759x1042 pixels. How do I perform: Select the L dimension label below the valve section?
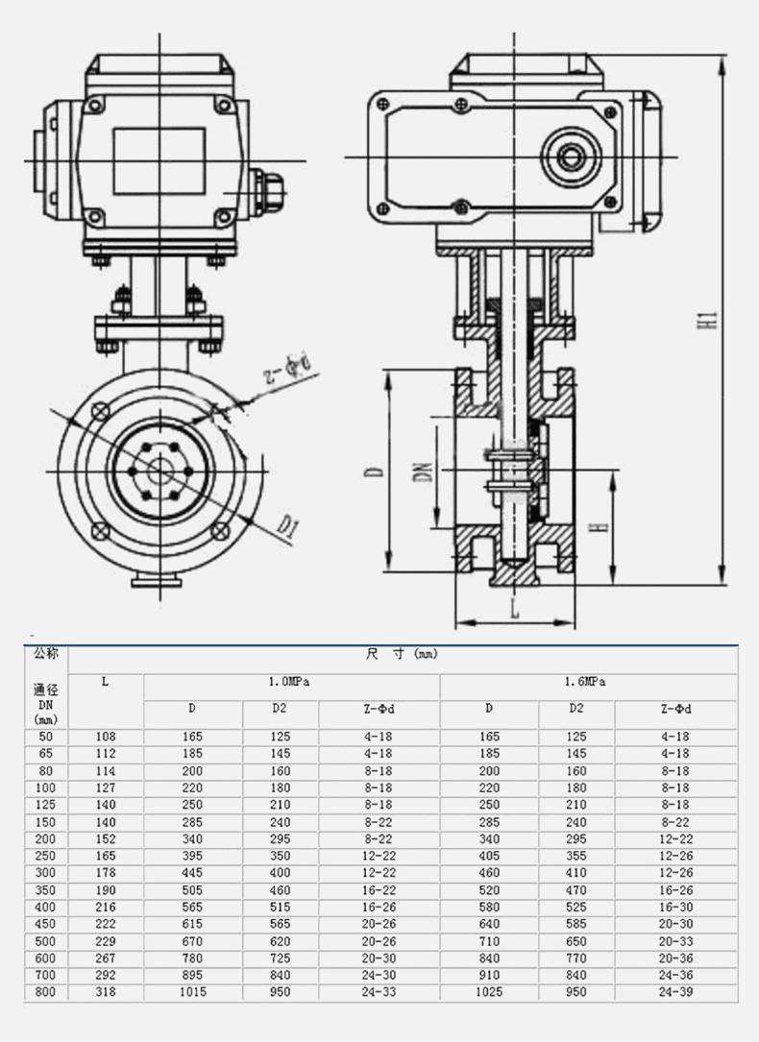515,608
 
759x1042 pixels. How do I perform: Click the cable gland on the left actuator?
264,191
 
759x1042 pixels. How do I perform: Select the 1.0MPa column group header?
291,681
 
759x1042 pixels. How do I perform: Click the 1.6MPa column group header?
588,681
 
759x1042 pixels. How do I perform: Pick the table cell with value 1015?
192,992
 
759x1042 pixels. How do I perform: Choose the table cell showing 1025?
488,992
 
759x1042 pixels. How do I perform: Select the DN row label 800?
46,992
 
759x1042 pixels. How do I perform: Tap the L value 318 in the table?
106,992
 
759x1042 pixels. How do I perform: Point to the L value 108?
106,737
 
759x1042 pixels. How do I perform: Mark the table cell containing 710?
488,941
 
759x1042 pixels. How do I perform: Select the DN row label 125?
46,805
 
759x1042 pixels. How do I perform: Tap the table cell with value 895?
192,975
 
